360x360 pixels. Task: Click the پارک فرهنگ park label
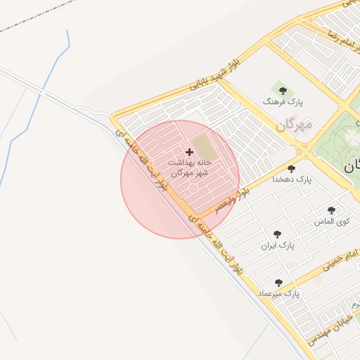click(x=282, y=102)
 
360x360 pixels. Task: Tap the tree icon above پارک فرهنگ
click(x=283, y=91)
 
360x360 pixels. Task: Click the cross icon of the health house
click(x=189, y=152)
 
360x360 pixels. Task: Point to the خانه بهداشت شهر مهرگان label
click(x=188, y=167)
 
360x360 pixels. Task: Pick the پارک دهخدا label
click(x=292, y=180)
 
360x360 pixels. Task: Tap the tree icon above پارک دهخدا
click(x=292, y=169)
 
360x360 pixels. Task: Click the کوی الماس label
click(x=331, y=221)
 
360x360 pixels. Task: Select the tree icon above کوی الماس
click(x=331, y=210)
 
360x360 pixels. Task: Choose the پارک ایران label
click(x=277, y=246)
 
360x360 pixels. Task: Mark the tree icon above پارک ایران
click(x=277, y=234)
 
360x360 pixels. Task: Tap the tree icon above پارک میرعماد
click(x=279, y=282)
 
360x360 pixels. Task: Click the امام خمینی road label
click(x=340, y=259)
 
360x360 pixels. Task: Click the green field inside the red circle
click(x=202, y=147)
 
